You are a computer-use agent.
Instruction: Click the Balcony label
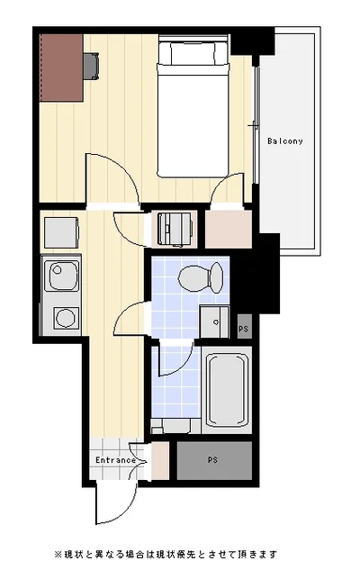point(285,141)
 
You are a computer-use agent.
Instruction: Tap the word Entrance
point(115,460)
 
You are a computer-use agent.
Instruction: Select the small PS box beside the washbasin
point(244,328)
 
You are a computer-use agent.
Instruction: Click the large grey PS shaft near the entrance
point(214,460)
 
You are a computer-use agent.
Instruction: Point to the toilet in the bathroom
point(201,278)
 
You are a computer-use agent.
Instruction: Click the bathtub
point(227,390)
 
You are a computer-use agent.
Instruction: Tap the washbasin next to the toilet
point(214,321)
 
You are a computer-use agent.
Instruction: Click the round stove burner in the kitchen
point(66,318)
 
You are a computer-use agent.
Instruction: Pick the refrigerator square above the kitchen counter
point(61,232)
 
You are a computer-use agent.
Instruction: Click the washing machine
point(175,230)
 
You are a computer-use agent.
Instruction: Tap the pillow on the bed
point(193,53)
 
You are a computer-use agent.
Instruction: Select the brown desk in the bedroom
point(61,68)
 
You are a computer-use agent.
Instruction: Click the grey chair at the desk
point(91,66)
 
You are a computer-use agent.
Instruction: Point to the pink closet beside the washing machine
point(229,229)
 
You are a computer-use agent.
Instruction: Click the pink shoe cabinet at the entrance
point(160,461)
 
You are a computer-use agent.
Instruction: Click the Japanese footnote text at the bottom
point(166,554)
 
